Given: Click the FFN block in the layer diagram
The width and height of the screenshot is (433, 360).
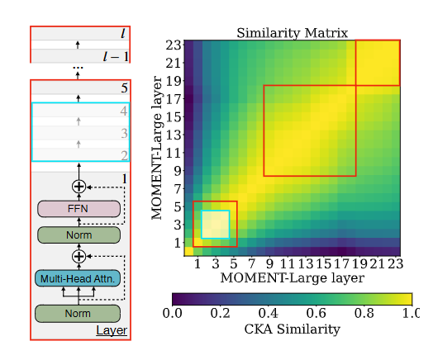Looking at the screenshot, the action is pos(79,209).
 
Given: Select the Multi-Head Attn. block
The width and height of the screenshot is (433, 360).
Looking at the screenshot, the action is pos(78,278).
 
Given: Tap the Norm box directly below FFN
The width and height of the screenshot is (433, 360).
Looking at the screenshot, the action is pos(79,235).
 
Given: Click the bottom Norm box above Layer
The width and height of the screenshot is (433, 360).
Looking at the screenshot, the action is pos(78,314).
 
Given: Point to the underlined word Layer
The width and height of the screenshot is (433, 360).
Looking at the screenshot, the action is pos(112,330).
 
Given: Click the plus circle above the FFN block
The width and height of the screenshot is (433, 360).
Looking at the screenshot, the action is pos(79,187).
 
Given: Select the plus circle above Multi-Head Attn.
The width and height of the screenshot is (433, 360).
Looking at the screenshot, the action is pos(79,256).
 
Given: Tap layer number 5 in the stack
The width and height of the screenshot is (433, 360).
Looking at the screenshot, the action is pos(125,88).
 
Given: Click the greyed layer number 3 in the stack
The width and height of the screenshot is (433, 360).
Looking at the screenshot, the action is pos(124,133).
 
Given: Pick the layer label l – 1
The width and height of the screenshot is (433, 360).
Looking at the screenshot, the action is pos(116,56).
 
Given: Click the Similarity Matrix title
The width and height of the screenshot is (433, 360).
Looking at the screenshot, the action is pos(293,33).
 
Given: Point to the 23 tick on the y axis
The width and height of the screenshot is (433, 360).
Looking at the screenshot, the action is pos(174,45).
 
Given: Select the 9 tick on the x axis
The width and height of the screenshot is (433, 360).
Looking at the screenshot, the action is pos(269,263).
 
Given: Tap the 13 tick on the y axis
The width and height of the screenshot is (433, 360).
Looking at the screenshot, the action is pos(174,135).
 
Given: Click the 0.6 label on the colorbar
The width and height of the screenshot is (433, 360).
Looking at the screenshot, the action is pos(316,313).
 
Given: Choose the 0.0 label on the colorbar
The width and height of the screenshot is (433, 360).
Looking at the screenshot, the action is pos(173,313).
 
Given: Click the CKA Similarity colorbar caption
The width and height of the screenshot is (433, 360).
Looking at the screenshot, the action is pos(293,329).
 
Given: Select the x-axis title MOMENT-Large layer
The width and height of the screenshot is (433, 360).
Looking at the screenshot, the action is pos(293,277).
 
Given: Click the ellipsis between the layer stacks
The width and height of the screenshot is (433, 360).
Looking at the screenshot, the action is pos(78,68).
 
